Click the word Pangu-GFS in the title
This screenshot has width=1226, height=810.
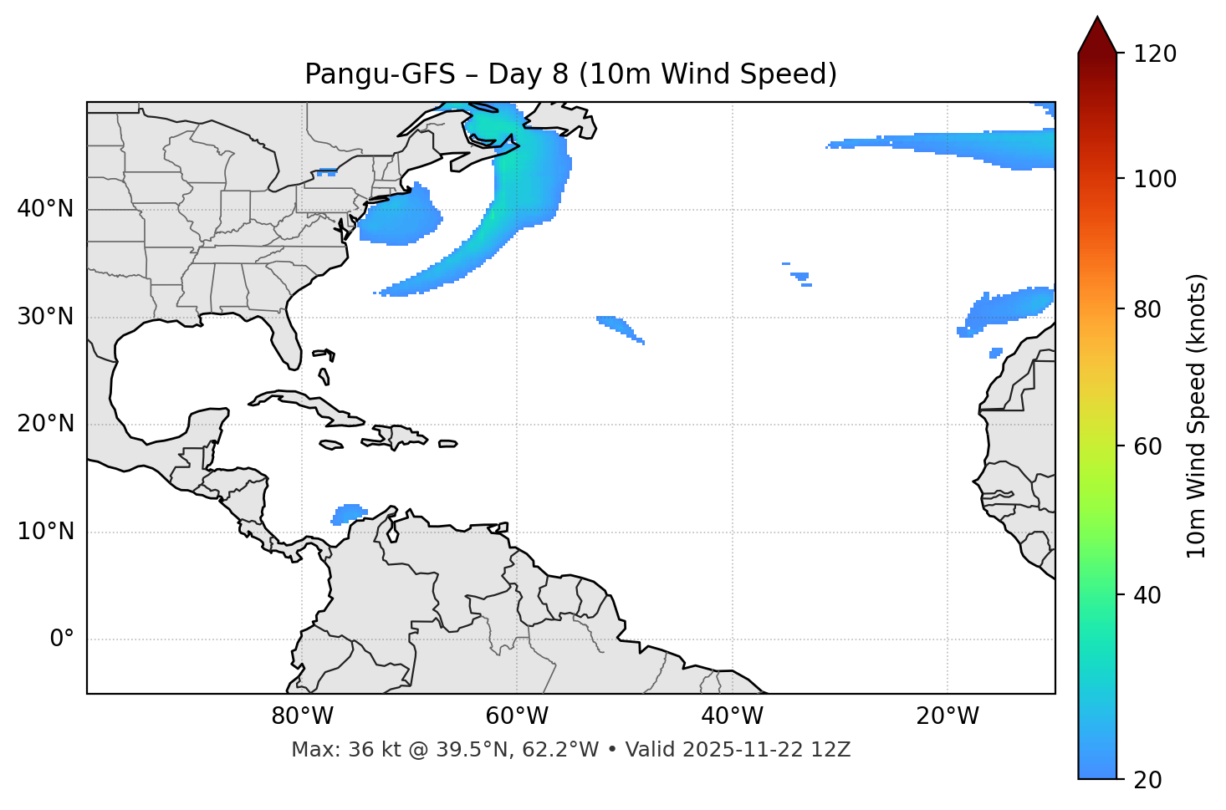click(380, 74)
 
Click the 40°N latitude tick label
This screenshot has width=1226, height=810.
click(45, 209)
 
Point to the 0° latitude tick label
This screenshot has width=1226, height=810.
click(62, 639)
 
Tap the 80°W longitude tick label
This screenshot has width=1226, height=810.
click(302, 716)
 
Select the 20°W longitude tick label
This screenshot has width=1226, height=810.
click(948, 716)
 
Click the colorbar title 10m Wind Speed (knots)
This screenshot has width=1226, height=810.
click(1197, 415)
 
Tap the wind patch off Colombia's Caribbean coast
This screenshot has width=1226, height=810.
click(349, 512)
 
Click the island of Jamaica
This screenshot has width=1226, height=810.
click(331, 445)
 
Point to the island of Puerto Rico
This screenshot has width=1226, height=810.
click(447, 444)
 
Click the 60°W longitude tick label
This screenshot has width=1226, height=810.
click(516, 716)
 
